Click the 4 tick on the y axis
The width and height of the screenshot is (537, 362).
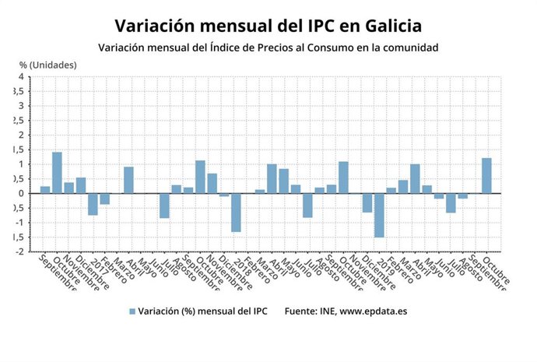pyautogui.click(x=20, y=77)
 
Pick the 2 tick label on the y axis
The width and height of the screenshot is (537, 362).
pyautogui.click(x=20, y=135)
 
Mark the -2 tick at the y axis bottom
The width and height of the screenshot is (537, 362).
pyautogui.click(x=19, y=251)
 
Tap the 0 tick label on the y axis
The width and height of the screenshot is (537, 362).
pyautogui.click(x=20, y=194)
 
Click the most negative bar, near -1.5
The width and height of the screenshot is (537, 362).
pyautogui.click(x=379, y=215)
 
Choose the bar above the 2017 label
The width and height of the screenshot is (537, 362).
pyautogui.click(x=93, y=204)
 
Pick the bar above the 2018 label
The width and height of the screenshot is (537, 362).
pyautogui.click(x=236, y=213)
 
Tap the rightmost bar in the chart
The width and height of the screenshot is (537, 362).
pyautogui.click(x=486, y=176)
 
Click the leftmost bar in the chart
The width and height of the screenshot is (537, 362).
pyautogui.click(x=45, y=190)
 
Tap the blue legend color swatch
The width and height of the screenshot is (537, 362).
pyautogui.click(x=132, y=311)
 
